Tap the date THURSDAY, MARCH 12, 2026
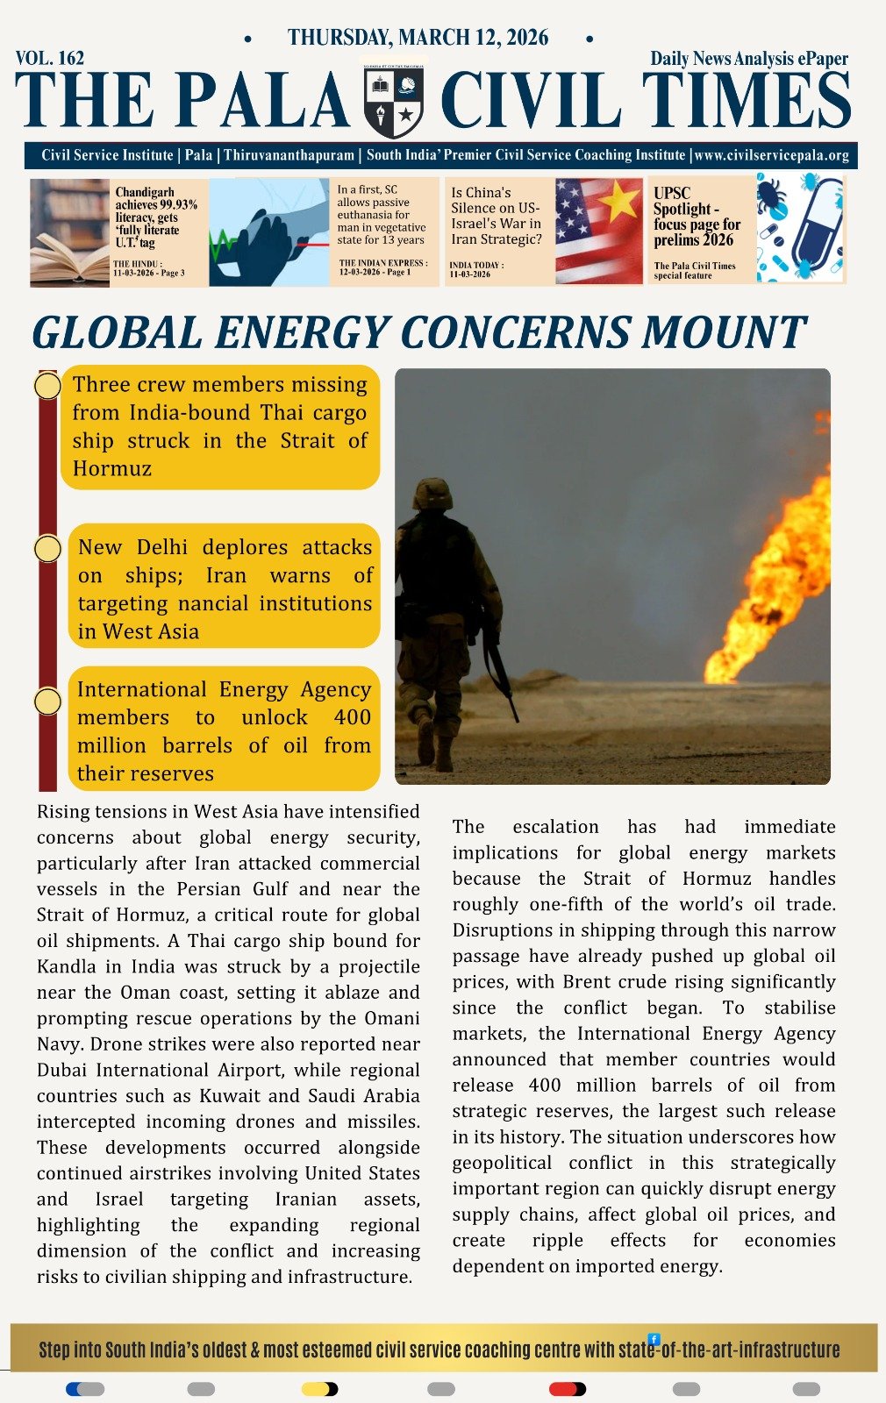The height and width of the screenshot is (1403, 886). tap(418, 38)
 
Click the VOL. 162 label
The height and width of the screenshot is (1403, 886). tap(50, 59)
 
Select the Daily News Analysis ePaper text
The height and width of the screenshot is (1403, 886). tap(749, 59)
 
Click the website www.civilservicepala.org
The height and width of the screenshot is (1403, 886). tap(771, 155)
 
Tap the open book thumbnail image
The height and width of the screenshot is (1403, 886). tap(69, 233)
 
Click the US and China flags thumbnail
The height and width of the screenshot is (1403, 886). tap(599, 231)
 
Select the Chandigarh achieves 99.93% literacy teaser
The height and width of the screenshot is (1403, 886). tap(156, 217)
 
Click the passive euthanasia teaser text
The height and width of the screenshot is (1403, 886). tap(380, 215)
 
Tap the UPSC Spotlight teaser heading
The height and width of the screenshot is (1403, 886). tap(697, 217)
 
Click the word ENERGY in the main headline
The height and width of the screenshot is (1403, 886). tap(304, 333)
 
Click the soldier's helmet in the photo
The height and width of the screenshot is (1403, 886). tap(432, 494)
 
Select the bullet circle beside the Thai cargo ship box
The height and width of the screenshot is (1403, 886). tap(47, 386)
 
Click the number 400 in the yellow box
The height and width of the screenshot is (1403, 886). tap(352, 717)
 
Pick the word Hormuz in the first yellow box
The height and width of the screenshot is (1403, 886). tap(112, 468)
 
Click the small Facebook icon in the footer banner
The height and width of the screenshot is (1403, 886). tap(654, 1339)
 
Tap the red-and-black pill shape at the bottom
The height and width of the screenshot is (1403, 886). tap(567, 1389)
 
